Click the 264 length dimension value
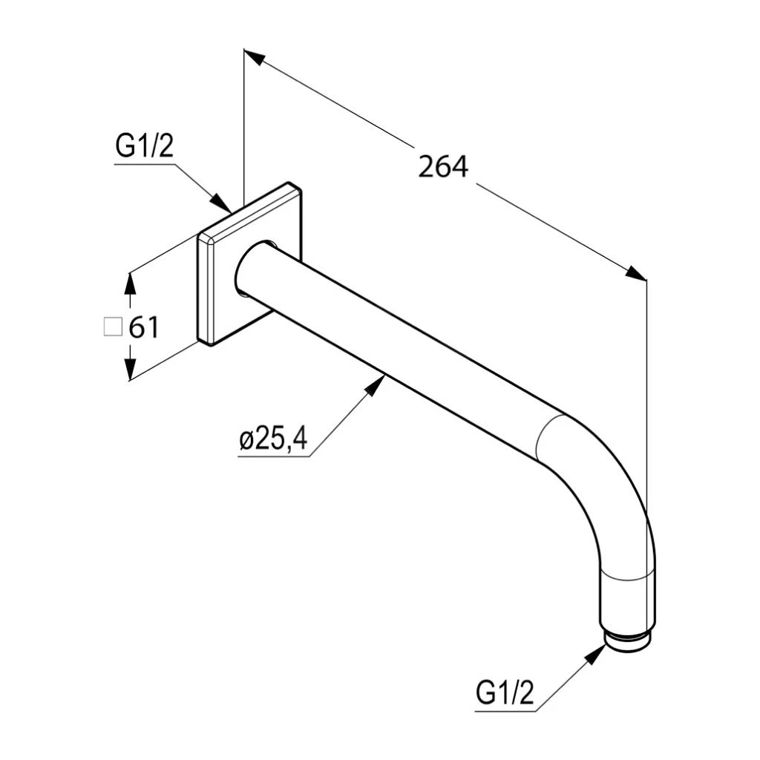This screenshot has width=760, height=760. point(443,166)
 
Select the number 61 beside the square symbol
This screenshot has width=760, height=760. point(144,327)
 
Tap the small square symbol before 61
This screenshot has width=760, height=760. point(112,327)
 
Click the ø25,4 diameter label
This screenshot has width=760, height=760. point(273,439)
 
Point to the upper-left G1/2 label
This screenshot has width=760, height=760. point(144,147)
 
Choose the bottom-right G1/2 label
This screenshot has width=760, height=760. point(505,694)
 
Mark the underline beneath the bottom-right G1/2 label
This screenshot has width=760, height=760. point(505,711)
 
